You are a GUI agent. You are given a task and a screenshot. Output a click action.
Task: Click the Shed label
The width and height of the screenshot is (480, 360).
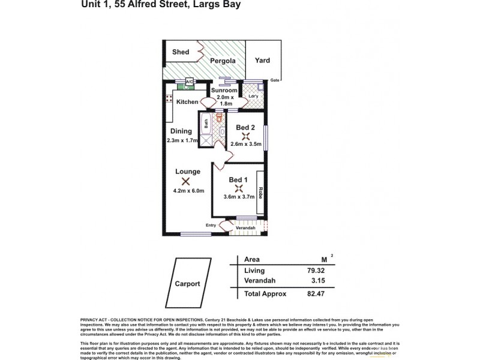pos(181,52)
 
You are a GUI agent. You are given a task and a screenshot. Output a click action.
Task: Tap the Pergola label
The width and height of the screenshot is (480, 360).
pos(221,61)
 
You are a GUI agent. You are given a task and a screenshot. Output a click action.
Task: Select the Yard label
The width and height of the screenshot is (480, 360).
pos(262,60)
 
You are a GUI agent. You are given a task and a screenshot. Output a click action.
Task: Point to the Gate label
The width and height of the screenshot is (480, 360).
pos(275,80)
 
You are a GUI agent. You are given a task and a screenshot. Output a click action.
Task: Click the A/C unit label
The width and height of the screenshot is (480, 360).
pos(190,82)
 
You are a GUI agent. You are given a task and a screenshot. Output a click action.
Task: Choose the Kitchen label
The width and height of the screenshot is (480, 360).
pos(187,102)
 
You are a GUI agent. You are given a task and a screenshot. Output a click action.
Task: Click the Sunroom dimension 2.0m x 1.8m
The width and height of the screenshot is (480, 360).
pos(225,99)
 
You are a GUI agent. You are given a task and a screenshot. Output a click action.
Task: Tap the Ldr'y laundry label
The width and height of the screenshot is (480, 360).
pos(253,96)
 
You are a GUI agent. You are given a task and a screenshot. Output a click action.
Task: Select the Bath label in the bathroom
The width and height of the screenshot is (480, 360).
pos(205,124)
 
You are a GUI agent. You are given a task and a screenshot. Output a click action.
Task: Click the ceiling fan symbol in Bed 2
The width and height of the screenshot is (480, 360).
pos(244,136)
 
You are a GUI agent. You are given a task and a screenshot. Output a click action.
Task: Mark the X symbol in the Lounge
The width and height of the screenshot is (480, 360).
pos(185,182)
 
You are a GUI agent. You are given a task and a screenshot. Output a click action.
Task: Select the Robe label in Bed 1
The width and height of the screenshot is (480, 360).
pos(261,193)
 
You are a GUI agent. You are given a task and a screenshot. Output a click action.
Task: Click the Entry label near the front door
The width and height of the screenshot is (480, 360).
pos(211,225)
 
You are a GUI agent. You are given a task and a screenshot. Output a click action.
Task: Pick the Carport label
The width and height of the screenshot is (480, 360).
pos(188,284)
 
